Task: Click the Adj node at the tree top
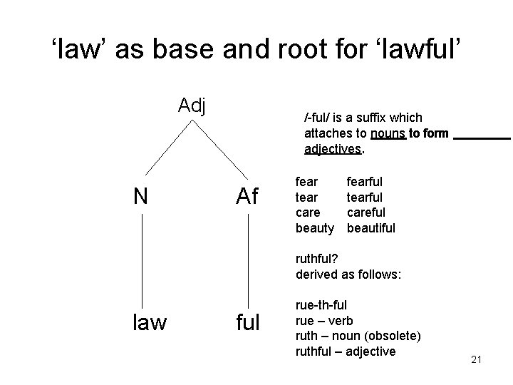pos(192,106)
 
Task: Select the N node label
pos(142,196)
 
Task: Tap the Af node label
pos(247,196)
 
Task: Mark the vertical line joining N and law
pos(142,260)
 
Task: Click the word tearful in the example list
pos(364,197)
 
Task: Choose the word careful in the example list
pos(366,212)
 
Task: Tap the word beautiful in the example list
pos(370,227)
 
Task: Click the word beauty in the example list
pos(314,227)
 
